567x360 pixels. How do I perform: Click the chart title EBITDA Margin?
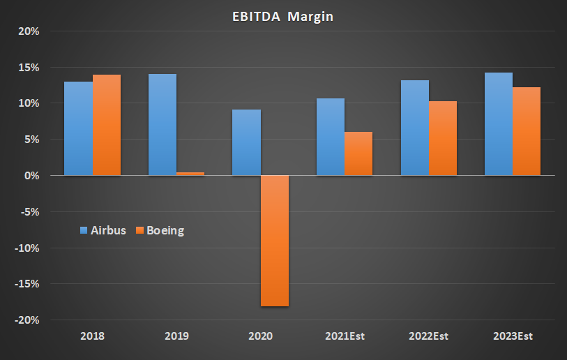(283, 17)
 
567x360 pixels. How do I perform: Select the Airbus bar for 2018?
(78, 128)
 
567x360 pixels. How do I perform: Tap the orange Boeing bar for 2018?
(107, 125)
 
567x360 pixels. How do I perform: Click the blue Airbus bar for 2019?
(162, 124)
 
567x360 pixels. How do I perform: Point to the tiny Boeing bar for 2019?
(190, 174)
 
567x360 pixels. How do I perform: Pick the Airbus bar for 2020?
(246, 142)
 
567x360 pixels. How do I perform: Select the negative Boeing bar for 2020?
(275, 241)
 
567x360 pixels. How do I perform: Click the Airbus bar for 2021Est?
(330, 137)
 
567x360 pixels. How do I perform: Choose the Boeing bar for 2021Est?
(358, 153)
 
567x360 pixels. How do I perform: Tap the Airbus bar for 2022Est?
(414, 128)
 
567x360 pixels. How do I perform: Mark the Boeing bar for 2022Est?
(443, 138)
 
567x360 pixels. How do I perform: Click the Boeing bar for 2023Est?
(527, 131)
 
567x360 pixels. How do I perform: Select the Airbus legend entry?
(103, 230)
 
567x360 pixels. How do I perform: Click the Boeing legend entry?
(160, 230)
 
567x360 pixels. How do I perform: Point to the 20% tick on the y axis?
(28, 31)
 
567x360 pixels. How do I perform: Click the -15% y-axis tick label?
(27, 284)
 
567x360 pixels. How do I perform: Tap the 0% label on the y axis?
(31, 176)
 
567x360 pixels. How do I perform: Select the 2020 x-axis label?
(260, 336)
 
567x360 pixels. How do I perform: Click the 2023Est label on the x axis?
(513, 336)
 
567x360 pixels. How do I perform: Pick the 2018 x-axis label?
(92, 336)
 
